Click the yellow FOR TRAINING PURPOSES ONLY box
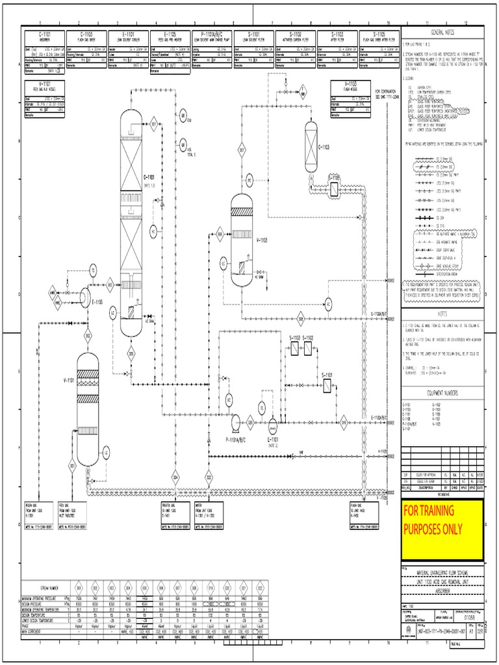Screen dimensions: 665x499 click(442, 529)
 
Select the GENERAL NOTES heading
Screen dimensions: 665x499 click(442, 32)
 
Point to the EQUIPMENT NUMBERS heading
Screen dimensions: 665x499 click(442, 393)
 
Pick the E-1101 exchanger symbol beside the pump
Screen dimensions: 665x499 click(272, 425)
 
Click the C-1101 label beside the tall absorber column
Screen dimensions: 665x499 click(149, 177)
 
